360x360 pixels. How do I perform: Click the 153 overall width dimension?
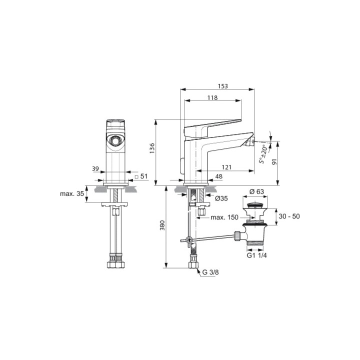point(222,86)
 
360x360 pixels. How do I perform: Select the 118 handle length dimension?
point(212,98)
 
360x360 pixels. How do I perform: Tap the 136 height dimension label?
point(152,148)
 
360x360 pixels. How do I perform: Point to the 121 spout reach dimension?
point(226,167)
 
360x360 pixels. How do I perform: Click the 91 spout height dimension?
point(274,161)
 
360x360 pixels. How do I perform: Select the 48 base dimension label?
point(219,176)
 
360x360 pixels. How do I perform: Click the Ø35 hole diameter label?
point(221,198)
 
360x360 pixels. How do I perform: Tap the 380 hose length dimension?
point(162,225)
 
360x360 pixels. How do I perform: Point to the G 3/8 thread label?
point(210,272)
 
